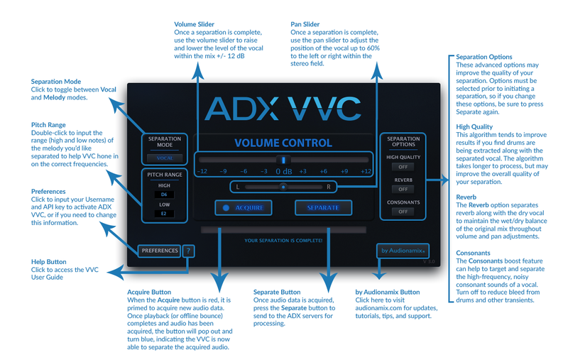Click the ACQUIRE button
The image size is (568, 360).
tap(244, 208)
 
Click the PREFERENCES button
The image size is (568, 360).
tap(160, 251)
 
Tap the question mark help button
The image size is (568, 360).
tap(188, 251)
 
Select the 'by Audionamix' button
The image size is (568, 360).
tap(401, 251)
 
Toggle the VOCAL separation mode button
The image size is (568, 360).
tap(164, 158)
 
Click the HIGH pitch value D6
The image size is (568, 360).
tap(164, 194)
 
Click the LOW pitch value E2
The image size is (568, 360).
tap(164, 213)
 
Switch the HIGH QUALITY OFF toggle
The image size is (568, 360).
tap(403, 167)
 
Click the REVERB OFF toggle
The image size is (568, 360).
tap(403, 190)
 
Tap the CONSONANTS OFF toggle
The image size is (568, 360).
tap(403, 212)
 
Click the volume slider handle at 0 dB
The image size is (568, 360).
tap(284, 160)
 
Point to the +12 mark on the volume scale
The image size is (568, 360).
tap(366, 171)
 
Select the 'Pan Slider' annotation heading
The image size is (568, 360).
tap(305, 25)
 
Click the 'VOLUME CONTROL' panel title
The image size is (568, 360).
tap(283, 143)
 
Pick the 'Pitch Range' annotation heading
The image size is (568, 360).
tap(49, 124)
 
